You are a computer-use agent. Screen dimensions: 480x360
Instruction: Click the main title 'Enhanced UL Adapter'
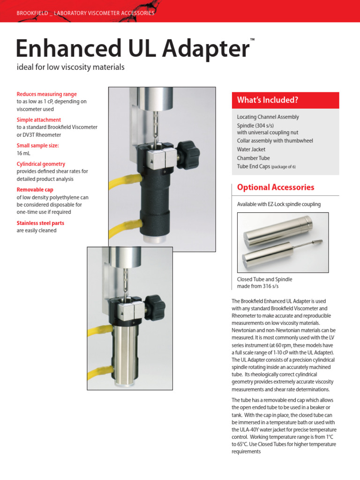[x=132, y=49]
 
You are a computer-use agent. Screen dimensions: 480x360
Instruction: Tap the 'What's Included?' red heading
[x=268, y=100]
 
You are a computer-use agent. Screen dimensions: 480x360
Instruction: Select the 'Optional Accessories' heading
[x=275, y=187]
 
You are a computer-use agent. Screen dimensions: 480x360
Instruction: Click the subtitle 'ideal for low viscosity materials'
[x=70, y=67]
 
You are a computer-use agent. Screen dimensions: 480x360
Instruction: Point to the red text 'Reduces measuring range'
[x=46, y=94]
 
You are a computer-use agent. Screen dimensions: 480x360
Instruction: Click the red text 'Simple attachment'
[x=39, y=120]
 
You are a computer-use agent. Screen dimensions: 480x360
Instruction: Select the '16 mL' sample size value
[x=23, y=153]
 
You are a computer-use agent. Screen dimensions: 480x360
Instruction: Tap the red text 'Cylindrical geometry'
[x=41, y=164]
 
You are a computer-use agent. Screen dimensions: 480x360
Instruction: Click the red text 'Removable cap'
[x=35, y=190]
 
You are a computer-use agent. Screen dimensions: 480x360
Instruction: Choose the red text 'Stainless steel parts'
[x=40, y=223]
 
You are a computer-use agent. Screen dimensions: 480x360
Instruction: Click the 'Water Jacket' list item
[x=251, y=150]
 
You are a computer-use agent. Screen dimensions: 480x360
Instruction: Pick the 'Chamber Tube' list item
[x=253, y=158]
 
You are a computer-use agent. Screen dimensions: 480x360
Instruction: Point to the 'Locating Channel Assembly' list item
[x=268, y=117]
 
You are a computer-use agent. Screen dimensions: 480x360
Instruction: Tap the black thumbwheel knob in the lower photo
[x=155, y=306]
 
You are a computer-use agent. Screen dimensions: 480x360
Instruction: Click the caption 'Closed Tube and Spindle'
[x=264, y=279]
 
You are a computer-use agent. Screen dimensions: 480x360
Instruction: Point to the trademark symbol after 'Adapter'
[x=253, y=40]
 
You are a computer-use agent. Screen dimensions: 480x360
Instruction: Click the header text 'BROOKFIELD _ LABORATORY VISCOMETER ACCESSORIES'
[x=85, y=13]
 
